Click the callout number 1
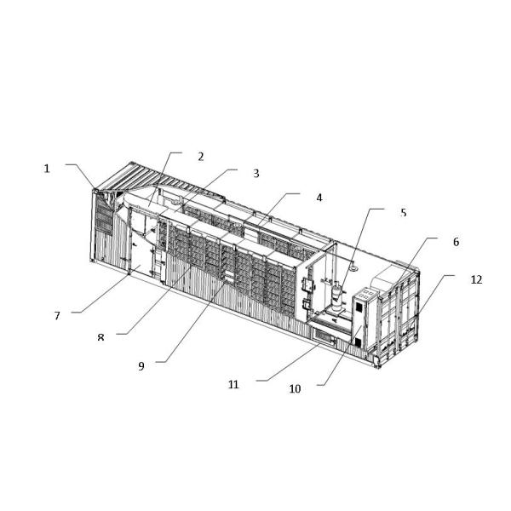[x=48, y=169]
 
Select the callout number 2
[x=201, y=157]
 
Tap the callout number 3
[x=255, y=174]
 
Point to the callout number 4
[x=319, y=198]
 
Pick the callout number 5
[x=404, y=212]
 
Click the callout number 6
[x=456, y=242]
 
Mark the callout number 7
[x=57, y=315]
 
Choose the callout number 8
[x=100, y=337]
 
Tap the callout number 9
[x=141, y=366]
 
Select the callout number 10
[x=295, y=389]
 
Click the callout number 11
[x=233, y=384]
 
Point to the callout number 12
[x=475, y=279]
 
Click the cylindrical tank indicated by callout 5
[x=339, y=298]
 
